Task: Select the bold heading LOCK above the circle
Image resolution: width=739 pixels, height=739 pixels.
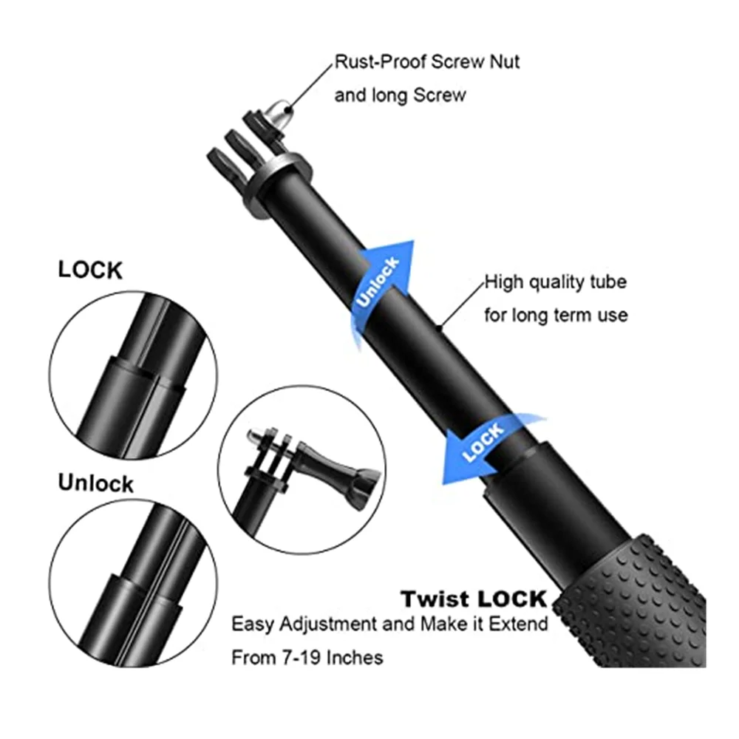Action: [89, 270]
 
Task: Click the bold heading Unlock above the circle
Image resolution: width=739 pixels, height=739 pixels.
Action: [96, 483]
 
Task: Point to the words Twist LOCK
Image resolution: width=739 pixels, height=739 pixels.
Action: [473, 599]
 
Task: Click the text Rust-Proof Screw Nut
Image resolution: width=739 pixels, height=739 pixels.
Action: [427, 61]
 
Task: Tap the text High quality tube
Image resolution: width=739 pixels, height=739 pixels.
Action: [555, 282]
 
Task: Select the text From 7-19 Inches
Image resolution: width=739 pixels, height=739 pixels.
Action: [307, 656]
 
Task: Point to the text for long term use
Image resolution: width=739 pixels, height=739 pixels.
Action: [556, 316]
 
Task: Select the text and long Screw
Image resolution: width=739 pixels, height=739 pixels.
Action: [400, 95]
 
